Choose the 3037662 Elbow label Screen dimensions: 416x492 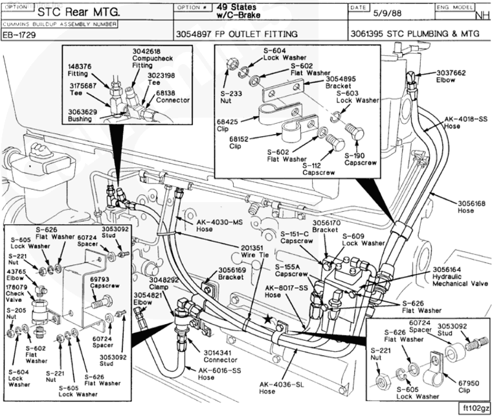[451, 76]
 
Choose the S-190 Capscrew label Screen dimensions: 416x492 [355, 159]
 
